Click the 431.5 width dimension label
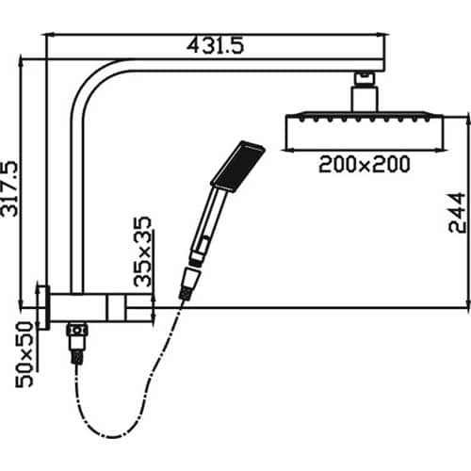[216, 43]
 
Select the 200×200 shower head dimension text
[364, 164]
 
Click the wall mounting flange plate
[41, 305]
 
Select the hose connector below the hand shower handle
[188, 284]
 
